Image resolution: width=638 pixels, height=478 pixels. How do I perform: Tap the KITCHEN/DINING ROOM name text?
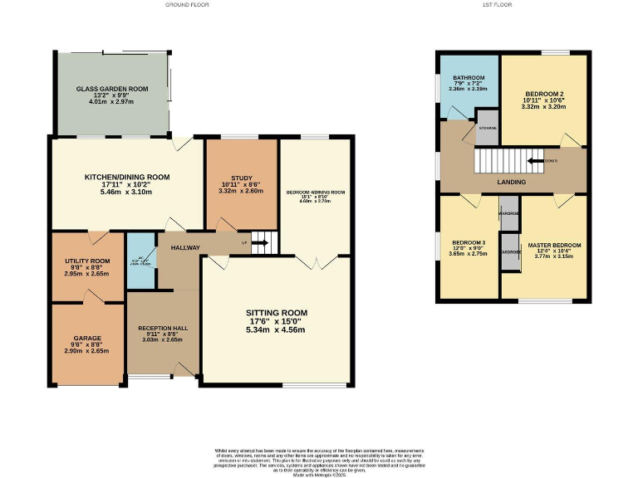point(127,177)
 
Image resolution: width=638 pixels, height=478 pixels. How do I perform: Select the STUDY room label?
point(241,178)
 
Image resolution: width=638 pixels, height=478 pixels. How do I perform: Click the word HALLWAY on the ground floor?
point(184,247)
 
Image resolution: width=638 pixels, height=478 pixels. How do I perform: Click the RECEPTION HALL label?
point(162,329)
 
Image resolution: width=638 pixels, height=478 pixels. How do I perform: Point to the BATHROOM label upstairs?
point(468,77)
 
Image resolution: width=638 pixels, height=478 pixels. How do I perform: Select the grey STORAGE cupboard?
point(486,127)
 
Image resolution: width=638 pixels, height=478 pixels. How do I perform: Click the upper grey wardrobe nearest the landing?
point(509,212)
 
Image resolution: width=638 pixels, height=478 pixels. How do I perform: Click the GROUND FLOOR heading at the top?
point(187,5)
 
